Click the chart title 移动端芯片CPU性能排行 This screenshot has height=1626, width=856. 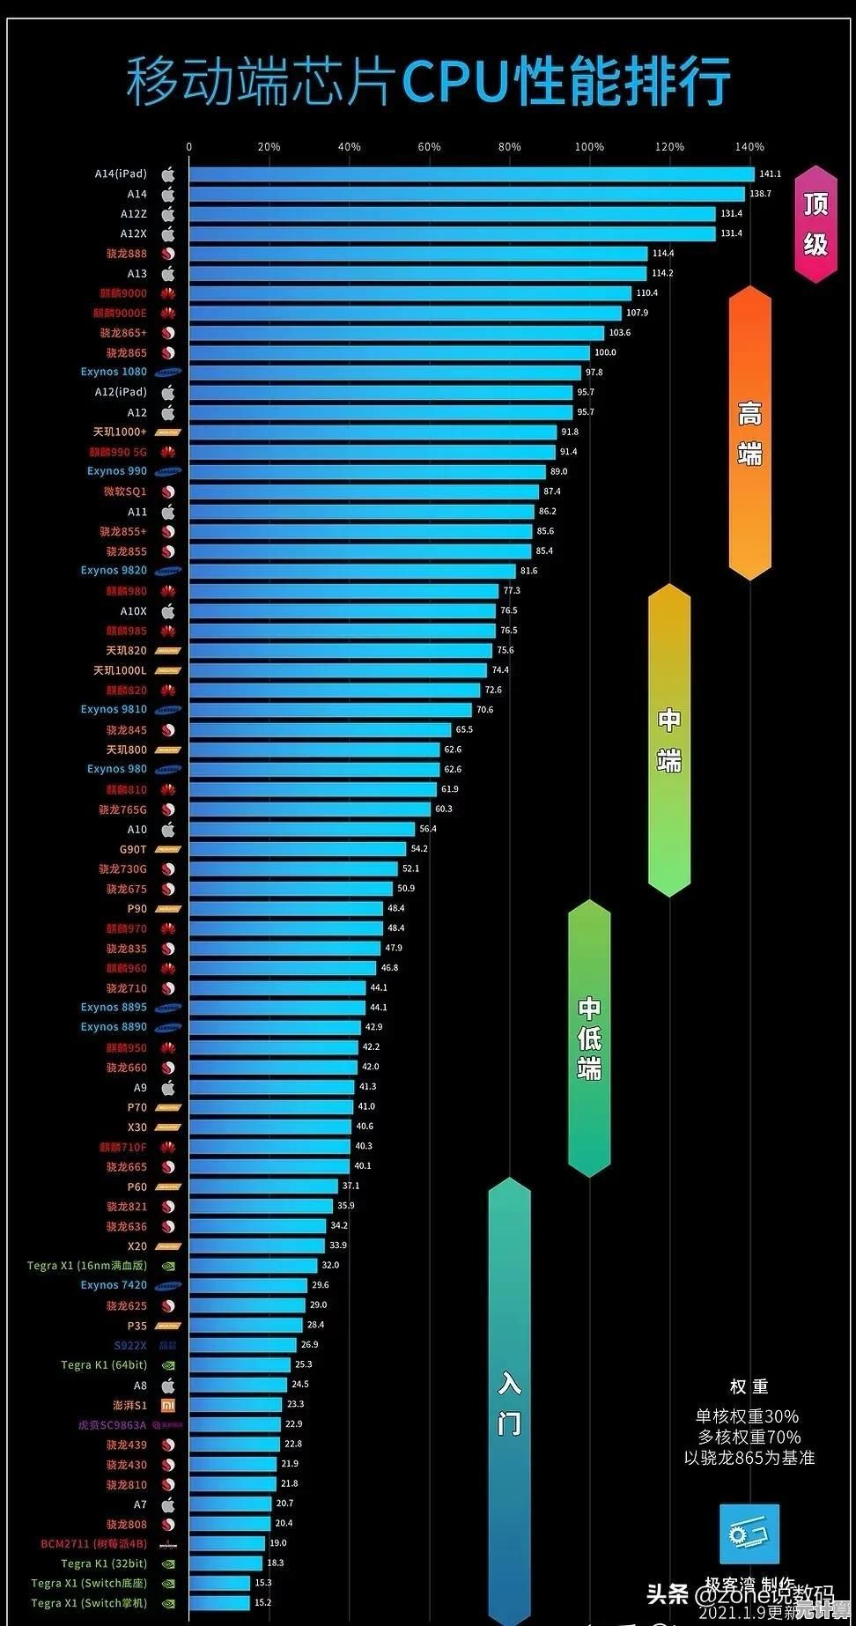[428, 81]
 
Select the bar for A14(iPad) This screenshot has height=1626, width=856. [471, 174]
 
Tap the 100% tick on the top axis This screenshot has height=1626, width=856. [589, 147]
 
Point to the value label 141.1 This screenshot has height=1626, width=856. [770, 174]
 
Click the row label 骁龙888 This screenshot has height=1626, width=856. [127, 254]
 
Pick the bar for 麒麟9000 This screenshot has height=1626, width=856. [410, 293]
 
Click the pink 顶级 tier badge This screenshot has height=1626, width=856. [815, 224]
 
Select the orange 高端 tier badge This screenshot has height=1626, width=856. [749, 432]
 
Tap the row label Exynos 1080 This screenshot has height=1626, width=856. [114, 373]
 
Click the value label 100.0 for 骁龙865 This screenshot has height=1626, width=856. [605, 352]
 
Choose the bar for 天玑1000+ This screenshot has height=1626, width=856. [373, 432]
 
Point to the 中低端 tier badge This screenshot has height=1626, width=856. [589, 1038]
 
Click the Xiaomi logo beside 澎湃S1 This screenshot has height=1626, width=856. [168, 1405]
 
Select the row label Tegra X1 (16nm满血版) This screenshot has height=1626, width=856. [86, 1266]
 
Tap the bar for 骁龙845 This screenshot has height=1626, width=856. [320, 730]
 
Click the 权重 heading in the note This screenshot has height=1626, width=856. [749, 1386]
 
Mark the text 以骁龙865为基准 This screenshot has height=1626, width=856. [749, 1458]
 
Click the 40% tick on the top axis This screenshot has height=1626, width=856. [349, 147]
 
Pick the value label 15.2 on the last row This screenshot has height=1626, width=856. [262, 1602]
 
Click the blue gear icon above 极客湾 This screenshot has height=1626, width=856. [749, 1534]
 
